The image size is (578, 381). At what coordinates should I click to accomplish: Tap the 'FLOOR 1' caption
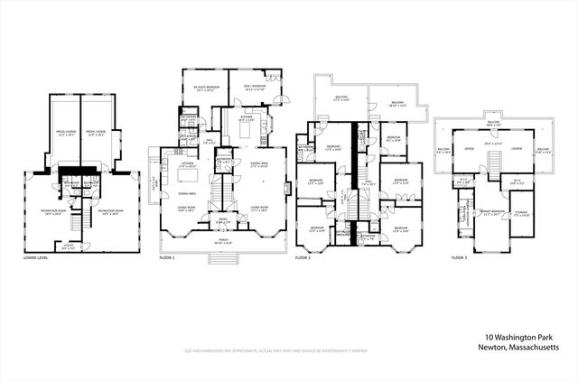[x=167, y=258]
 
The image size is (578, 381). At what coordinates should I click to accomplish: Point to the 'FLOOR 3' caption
[x=461, y=258]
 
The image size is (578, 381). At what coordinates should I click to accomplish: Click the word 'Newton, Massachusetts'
[x=518, y=348]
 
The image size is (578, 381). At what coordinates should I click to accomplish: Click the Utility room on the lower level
[x=68, y=246]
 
